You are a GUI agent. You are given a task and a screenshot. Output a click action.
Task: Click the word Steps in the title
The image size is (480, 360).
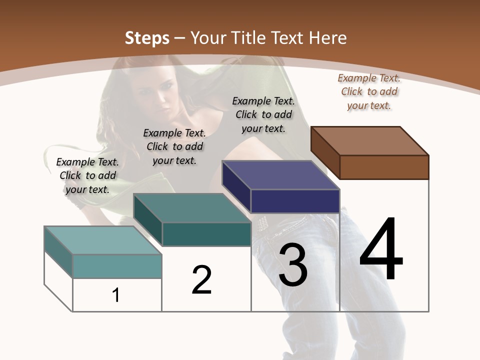tap(146, 38)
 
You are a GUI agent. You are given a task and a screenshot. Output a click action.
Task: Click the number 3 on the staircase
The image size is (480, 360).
tap(293, 265)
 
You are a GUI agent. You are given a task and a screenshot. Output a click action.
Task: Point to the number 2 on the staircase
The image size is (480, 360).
tap(202, 280)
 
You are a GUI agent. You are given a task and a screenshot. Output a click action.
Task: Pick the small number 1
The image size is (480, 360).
tap(116, 295)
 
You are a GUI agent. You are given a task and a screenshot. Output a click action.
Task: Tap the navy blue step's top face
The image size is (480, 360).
tap(281, 175)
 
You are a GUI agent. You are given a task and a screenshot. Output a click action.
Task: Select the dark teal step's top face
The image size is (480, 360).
tap(192, 208)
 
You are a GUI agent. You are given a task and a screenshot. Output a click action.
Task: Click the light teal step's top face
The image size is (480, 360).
tap(103, 240)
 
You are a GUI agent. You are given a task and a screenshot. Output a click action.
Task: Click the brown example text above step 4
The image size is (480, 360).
tap(369, 91)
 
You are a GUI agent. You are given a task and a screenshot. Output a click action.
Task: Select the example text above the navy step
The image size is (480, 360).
tap(263, 114)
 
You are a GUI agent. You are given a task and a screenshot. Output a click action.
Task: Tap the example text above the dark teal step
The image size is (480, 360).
tap(174, 146)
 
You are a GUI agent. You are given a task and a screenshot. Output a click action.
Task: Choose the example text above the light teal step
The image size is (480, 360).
tap(87, 175)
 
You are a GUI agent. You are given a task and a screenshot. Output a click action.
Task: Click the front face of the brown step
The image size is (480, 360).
tap(384, 167)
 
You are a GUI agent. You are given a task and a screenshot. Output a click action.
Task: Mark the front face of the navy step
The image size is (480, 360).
tap(295, 201)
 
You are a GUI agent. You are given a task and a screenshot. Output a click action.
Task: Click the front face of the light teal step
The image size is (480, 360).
tap(117, 266)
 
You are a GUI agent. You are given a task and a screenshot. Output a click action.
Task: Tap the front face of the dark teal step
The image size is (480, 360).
tap(206, 234)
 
